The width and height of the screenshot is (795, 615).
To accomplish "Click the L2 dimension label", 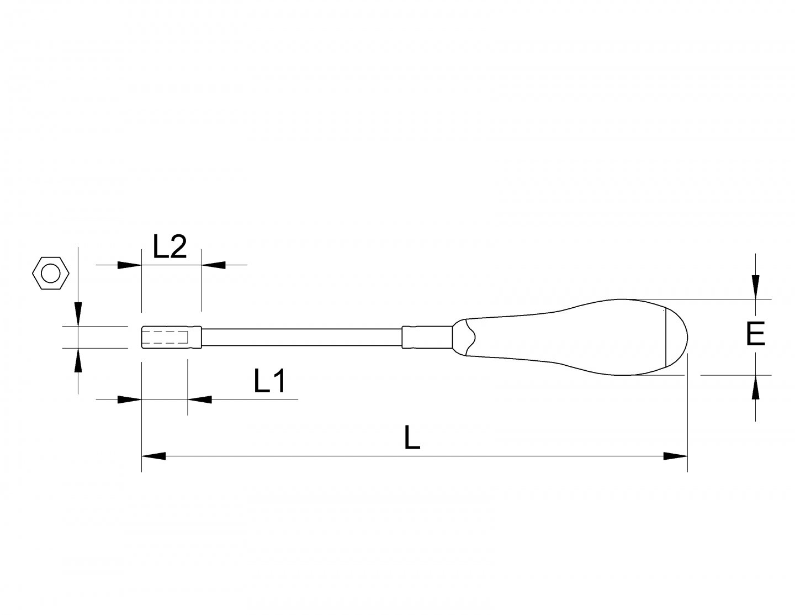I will pyautogui.click(x=170, y=248).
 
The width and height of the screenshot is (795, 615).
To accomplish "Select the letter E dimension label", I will pyautogui.click(x=755, y=334).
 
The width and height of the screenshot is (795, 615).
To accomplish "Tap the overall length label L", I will pyautogui.click(x=412, y=438).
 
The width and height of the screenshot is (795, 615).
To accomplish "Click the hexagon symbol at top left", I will pyautogui.click(x=51, y=273).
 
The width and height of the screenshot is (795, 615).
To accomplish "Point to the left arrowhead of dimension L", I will pyautogui.click(x=154, y=456).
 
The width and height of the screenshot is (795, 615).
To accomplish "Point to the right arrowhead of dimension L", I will pyautogui.click(x=675, y=456).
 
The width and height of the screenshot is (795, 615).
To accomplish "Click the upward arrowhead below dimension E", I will pyautogui.click(x=756, y=386).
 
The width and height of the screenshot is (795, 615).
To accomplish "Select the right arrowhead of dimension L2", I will pyautogui.click(x=214, y=265).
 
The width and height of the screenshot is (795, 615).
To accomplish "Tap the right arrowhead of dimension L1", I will pyautogui.click(x=199, y=399).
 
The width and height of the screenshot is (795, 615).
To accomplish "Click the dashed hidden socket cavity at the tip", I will pyautogui.click(x=168, y=338).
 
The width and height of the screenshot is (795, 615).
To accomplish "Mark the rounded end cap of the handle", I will pyautogui.click(x=677, y=337).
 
